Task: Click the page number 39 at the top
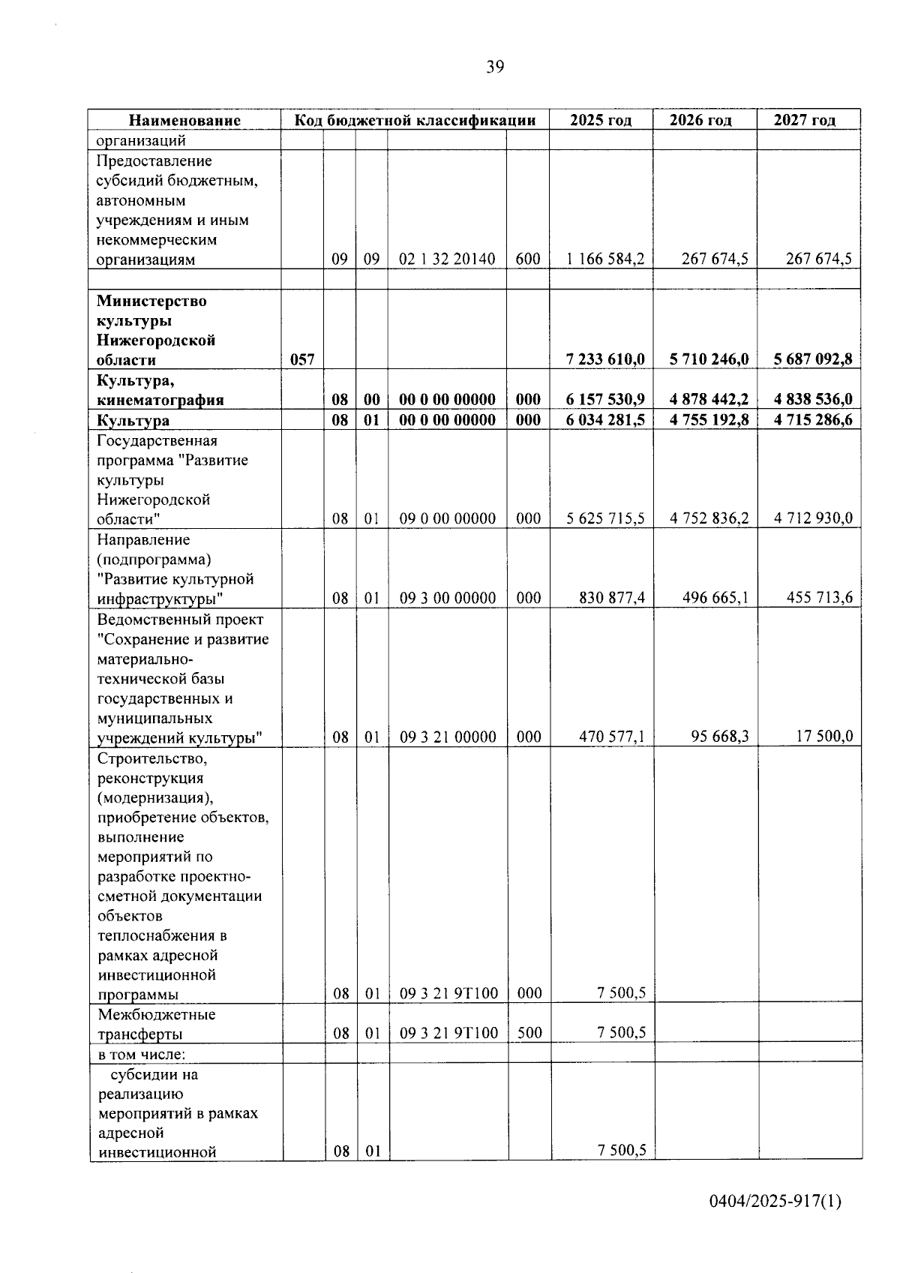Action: (x=495, y=68)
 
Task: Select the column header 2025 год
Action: (x=601, y=120)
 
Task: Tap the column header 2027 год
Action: (x=805, y=120)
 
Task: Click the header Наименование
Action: (x=184, y=120)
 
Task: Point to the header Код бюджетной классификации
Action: (x=415, y=120)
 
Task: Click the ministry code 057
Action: (x=302, y=360)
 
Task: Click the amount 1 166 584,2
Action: (x=605, y=260)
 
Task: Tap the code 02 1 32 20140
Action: (x=447, y=260)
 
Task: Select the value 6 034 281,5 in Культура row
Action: (x=605, y=420)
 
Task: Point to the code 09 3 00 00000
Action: (x=447, y=599)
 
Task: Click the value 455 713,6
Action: (x=820, y=598)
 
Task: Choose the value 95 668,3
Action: (x=719, y=737)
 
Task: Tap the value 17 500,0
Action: (x=824, y=737)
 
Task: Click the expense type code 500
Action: (x=529, y=1034)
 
